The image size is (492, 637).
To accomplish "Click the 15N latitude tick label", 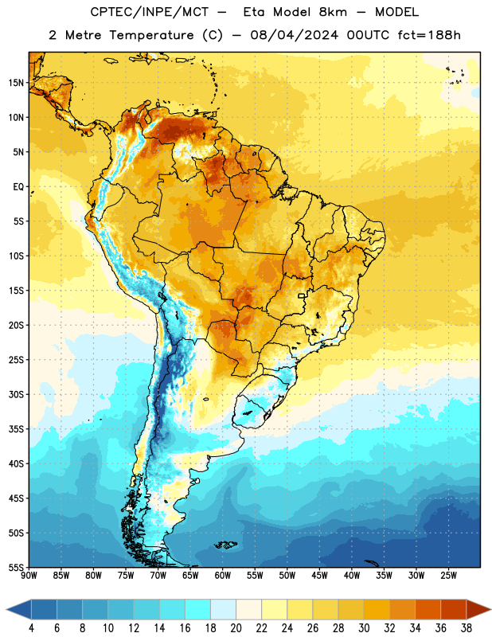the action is tap(16, 83).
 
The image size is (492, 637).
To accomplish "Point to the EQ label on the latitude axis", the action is tap(18, 187).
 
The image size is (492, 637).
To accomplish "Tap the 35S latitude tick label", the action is tap(16, 429).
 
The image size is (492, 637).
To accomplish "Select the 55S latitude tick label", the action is tap(16, 567).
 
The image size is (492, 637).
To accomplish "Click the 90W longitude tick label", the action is tap(29, 576).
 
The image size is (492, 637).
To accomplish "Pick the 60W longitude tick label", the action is tap(223, 576).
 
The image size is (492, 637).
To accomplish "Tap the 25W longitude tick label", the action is tap(448, 576).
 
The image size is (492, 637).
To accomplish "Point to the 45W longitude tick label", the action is tap(319, 576).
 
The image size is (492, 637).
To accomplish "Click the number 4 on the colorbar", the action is tap(31, 628).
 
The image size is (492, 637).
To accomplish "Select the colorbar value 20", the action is tap(236, 628).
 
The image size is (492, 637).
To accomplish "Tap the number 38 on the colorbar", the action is tap(467, 628).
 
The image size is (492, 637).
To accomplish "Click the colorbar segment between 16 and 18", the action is tap(197, 610).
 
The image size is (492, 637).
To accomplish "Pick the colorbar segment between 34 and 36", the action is tap(428, 610).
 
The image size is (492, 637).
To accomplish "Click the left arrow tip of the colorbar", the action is tap(6, 610).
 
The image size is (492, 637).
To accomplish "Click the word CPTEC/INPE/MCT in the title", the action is tap(150, 12).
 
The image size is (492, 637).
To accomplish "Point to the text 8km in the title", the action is tap(333, 12).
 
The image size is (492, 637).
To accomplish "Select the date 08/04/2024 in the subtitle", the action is tap(294, 35).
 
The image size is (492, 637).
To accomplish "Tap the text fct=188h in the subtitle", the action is tap(429, 35).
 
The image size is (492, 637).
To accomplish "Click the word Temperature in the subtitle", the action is tap(151, 35).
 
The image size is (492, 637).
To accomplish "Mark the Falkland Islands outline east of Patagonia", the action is tap(226, 545).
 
